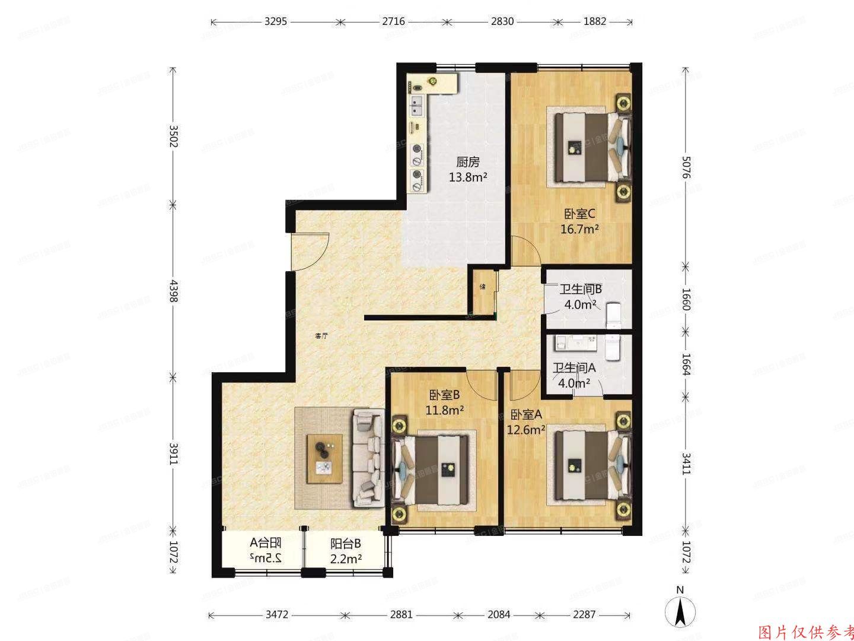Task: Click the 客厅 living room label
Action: (x=322, y=336)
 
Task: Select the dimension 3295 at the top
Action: (x=276, y=21)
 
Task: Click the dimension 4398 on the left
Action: (x=173, y=291)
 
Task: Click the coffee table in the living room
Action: (x=324, y=458)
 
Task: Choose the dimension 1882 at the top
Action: (x=595, y=21)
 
